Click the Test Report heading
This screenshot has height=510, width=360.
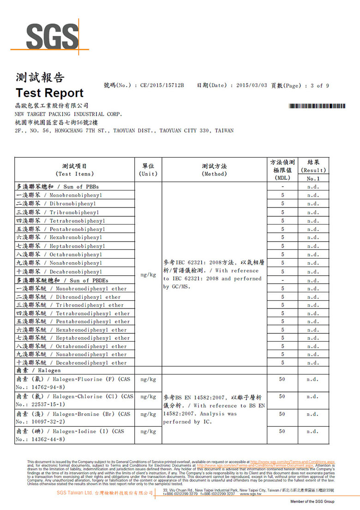pyautogui.click(x=49, y=93)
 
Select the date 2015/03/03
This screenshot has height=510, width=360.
pyautogui.click(x=252, y=85)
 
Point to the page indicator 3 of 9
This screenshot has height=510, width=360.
pyautogui.click(x=320, y=85)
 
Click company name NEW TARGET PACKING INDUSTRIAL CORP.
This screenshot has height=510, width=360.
pyautogui.click(x=68, y=114)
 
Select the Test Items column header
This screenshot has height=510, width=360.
pyautogui.click(x=74, y=170)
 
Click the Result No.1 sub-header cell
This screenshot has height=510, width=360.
pyautogui.click(x=313, y=178)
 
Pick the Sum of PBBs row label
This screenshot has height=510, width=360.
pyautogui.click(x=58, y=187)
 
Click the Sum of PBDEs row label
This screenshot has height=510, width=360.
pyautogui.click(x=62, y=280)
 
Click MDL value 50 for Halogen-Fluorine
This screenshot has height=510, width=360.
pyautogui.click(x=282, y=380)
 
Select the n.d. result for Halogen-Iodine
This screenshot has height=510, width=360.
pyautogui.click(x=313, y=432)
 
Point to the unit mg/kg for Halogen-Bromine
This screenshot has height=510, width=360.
pyautogui.click(x=148, y=414)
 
